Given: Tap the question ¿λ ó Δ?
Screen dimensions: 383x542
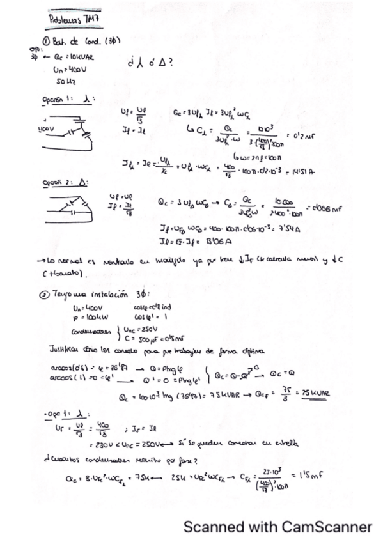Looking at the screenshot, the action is pyautogui.click(x=148, y=63).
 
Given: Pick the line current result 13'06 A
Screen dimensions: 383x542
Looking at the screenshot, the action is pyautogui.click(x=206, y=241).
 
